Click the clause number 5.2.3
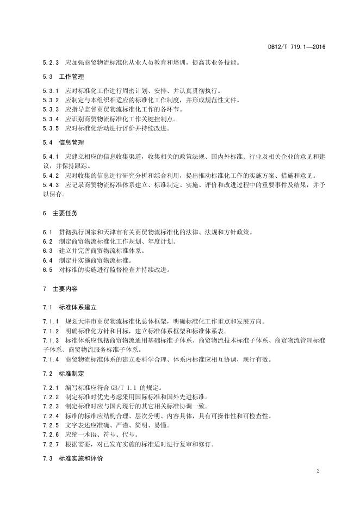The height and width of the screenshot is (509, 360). tap(51, 62)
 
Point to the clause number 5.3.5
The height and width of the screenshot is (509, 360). tap(51, 128)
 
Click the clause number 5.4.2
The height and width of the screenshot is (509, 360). tap(51, 175)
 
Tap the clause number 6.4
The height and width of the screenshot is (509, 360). tap(48, 260)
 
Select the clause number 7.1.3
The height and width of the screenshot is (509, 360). tap(51, 340)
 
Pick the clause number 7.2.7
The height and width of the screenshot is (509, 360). tap(51, 444)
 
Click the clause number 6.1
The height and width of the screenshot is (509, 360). tap(48, 232)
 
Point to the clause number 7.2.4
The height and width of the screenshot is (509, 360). tap(51, 415)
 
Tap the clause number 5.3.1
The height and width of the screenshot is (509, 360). tap(51, 91)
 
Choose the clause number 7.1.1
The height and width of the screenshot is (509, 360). tap(51, 321)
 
